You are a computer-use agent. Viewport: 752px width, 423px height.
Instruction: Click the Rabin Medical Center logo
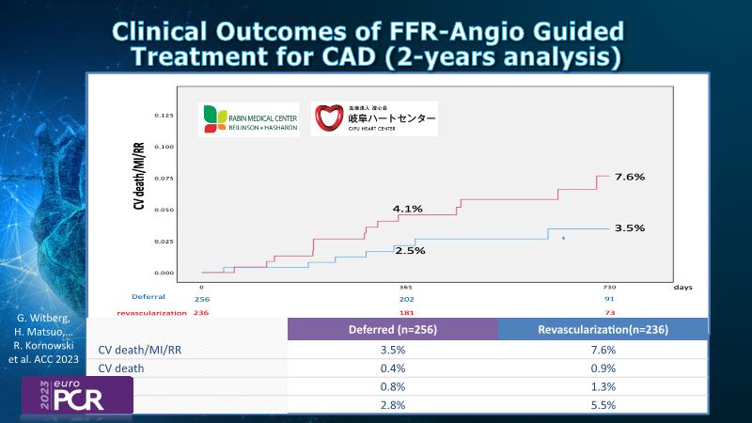pyautogui.click(x=251, y=119)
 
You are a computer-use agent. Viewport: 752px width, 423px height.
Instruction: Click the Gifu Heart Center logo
pyautogui.click(x=374, y=119)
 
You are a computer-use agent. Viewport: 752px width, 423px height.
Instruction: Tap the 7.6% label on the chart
pyautogui.click(x=629, y=177)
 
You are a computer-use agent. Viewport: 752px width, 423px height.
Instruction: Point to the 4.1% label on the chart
pyautogui.click(x=409, y=209)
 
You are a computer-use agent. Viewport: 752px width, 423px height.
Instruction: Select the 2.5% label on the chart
pyautogui.click(x=410, y=251)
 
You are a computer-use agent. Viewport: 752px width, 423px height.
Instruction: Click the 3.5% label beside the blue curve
pyautogui.click(x=629, y=228)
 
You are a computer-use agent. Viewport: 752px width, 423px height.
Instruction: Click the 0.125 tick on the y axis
pyautogui.click(x=164, y=116)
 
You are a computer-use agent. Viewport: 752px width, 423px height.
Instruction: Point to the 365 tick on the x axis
pyautogui.click(x=406, y=287)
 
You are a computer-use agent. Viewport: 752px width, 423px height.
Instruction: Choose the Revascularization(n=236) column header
pyautogui.click(x=603, y=329)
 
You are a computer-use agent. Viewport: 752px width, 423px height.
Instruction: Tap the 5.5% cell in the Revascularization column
pyautogui.click(x=603, y=405)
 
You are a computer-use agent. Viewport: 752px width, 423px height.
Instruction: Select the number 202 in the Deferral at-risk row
pyautogui.click(x=406, y=299)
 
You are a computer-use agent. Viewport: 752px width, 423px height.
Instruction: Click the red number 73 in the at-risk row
pyautogui.click(x=609, y=311)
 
